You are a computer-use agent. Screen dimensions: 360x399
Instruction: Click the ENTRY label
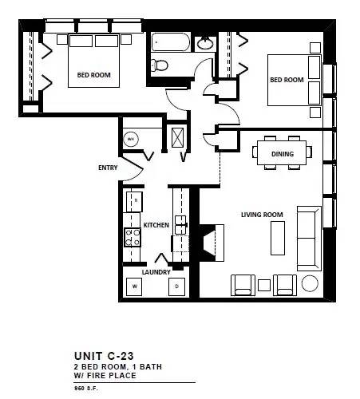(x=108, y=168)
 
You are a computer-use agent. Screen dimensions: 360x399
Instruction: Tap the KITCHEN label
(x=156, y=225)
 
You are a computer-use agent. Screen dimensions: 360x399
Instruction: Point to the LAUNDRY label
(x=156, y=272)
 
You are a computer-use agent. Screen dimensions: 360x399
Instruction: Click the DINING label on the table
(x=283, y=154)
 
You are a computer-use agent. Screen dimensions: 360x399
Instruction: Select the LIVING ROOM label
(x=262, y=215)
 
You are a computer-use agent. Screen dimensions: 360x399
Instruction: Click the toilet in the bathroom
(x=159, y=65)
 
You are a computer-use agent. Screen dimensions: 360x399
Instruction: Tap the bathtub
(x=171, y=42)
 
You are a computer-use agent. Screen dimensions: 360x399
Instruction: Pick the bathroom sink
(x=205, y=43)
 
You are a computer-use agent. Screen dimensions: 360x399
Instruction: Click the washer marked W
(x=134, y=286)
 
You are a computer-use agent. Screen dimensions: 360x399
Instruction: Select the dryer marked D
(x=177, y=286)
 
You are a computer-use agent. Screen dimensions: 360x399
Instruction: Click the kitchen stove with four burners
(x=133, y=238)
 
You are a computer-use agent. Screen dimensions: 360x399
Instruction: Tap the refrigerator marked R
(x=134, y=202)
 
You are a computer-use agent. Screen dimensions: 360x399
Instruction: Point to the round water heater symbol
(x=131, y=139)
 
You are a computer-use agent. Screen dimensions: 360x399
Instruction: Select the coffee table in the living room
(x=278, y=238)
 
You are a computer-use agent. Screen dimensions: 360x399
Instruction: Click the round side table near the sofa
(x=310, y=283)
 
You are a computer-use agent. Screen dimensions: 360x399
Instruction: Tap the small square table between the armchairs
(x=264, y=285)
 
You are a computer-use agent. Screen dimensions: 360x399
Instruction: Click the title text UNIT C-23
(x=104, y=356)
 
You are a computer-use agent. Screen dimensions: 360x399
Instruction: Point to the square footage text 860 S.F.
(x=86, y=389)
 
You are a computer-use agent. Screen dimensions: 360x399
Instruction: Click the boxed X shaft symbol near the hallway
(x=177, y=137)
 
